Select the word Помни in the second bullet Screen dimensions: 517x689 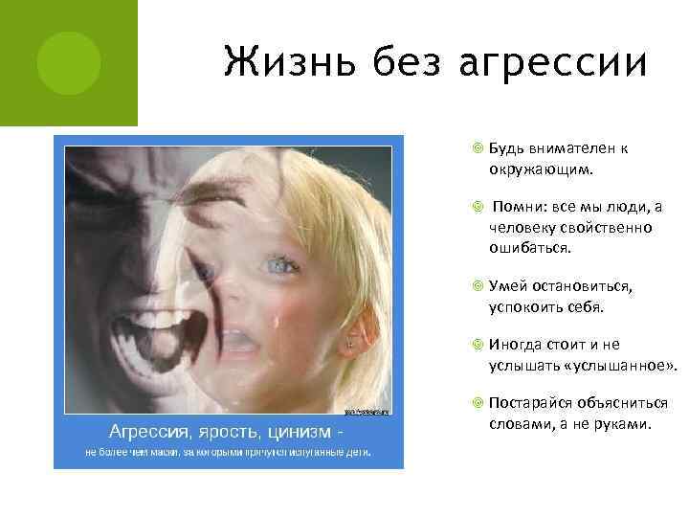pyautogui.click(x=518, y=208)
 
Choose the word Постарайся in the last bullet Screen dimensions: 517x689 pyautogui.click(x=529, y=403)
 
